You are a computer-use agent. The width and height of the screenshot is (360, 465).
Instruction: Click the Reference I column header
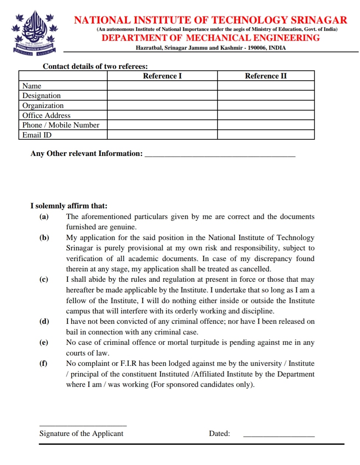coord(162,76)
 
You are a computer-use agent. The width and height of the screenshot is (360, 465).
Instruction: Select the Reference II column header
coord(266,76)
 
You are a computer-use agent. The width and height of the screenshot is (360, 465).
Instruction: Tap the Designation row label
coord(41,96)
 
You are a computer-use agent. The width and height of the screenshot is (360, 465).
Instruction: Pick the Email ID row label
coord(37,135)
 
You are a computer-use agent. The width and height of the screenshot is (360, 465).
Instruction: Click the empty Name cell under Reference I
coord(162,86)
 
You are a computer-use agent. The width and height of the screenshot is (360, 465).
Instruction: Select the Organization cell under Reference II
coord(266,105)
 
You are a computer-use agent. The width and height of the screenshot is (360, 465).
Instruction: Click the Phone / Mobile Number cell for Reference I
coord(162,125)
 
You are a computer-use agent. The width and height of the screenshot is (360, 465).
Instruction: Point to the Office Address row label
coord(46,115)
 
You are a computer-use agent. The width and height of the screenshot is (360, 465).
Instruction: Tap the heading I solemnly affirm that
coord(69,206)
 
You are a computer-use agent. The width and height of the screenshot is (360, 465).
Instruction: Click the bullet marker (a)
coord(44,217)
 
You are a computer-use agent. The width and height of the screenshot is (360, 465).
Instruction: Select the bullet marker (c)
coord(44,280)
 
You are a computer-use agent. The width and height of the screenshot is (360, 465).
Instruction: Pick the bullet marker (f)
coord(43,364)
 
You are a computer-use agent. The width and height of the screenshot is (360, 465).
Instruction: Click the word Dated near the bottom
coord(219,434)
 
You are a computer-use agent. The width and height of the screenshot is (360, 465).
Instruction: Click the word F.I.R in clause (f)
coord(129,364)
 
